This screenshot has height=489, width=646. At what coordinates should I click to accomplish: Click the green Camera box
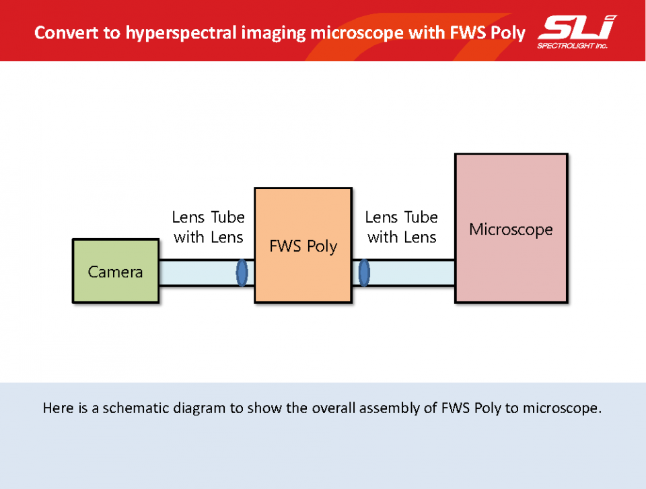tap(116, 271)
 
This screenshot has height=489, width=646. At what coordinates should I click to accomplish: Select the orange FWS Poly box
tap(303, 246)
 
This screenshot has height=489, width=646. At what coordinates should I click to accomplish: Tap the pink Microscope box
tap(511, 228)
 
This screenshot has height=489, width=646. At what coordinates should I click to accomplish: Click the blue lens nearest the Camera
tap(242, 272)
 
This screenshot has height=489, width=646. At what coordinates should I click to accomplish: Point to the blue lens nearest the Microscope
tap(364, 272)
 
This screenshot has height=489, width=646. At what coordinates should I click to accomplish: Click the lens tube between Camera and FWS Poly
tap(207, 272)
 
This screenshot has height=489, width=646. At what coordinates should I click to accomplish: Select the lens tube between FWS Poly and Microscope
tap(404, 272)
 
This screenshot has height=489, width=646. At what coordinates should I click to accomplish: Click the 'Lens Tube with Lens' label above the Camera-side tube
tap(209, 227)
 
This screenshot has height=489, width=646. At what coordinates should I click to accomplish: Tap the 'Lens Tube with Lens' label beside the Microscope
tap(402, 227)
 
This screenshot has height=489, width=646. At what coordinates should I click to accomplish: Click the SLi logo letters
tap(577, 28)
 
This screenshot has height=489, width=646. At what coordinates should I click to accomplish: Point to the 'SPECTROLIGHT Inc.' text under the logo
tap(572, 46)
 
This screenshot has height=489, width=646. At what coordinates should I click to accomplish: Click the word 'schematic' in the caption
tap(135, 408)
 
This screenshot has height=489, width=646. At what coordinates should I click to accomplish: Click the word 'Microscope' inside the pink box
tap(511, 229)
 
